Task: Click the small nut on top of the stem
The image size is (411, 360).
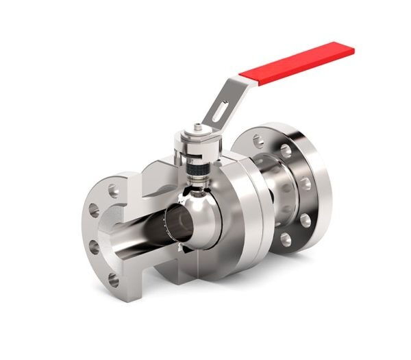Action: tap(197, 127)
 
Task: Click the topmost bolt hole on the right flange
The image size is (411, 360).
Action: tap(258, 141)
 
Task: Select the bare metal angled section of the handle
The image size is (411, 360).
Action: tap(229, 99)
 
